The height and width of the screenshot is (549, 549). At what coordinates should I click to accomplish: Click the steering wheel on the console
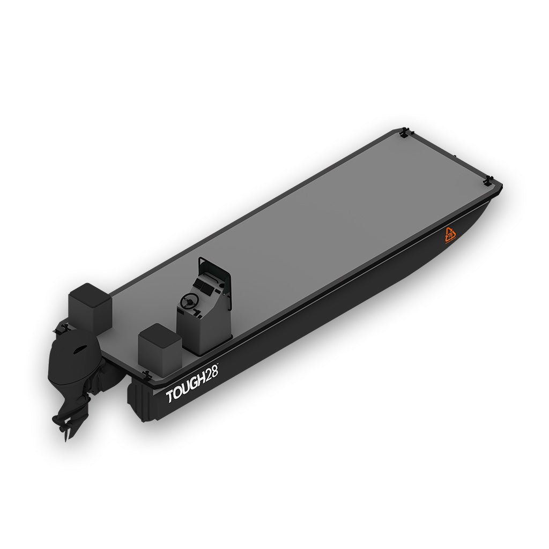point(188,301)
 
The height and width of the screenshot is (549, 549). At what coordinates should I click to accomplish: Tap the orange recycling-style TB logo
point(450,235)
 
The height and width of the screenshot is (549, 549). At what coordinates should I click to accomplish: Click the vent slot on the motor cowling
point(79,349)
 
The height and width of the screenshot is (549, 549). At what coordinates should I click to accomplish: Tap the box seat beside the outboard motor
point(90,307)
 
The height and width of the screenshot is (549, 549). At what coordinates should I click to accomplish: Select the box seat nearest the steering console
point(160,349)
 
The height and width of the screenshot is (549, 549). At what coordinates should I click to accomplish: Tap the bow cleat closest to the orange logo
point(488,180)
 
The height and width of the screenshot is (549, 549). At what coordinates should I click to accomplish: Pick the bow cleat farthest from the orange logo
point(404,131)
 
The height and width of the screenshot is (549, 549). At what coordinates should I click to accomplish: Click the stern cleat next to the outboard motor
point(65,325)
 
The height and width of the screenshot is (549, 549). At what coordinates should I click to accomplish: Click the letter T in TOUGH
point(170,397)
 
